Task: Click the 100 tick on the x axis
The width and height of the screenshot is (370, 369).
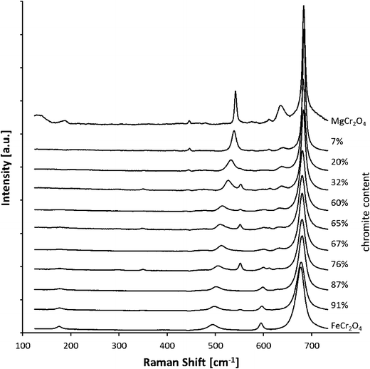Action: [23, 345]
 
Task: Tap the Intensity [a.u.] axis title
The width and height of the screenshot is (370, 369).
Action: [7, 169]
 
